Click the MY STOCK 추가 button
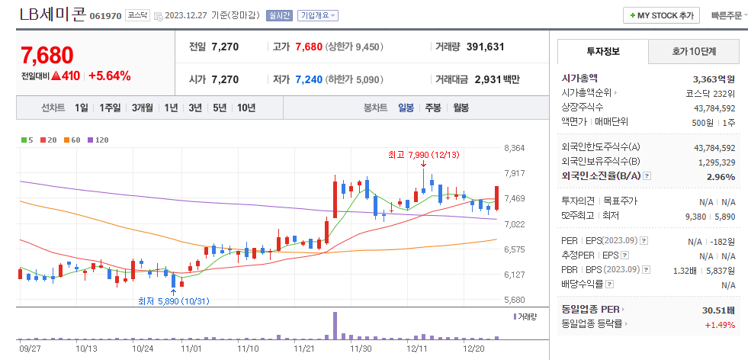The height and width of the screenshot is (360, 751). tap(662, 15)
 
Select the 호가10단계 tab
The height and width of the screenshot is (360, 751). tap(695, 52)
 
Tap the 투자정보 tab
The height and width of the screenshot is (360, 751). tap(603, 52)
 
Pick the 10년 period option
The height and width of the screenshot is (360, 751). tap(246, 108)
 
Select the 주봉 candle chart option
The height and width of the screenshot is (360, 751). tap(433, 108)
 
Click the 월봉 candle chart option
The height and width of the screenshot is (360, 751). tap(461, 108)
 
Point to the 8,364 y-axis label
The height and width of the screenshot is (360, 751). tap(515, 148)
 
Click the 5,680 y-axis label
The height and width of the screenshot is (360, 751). tap(515, 300)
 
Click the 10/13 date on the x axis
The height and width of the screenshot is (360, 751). tap(86, 349)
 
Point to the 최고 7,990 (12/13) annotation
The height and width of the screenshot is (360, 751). tap(422, 155)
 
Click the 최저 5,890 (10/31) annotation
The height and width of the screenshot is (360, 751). tap(173, 301)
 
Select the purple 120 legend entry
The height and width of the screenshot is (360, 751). tap(98, 140)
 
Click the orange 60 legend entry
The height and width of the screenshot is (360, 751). tap(73, 140)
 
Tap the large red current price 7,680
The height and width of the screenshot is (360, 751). tap(47, 55)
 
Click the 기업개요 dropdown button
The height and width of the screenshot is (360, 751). tap(318, 15)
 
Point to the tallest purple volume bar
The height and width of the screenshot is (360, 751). tap(334, 325)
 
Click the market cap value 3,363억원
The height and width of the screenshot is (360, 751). tap(714, 79)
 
